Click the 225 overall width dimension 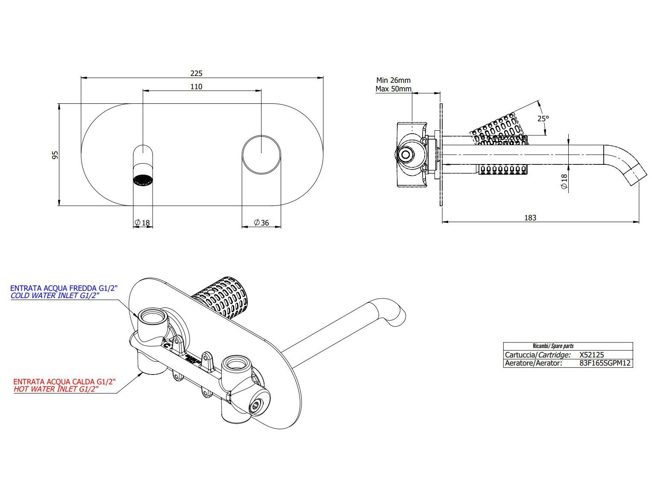[196, 73]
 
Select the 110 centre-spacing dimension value [196, 87]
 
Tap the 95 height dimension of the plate [55, 155]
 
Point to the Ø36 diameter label [261, 223]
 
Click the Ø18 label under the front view [142, 223]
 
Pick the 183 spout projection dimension [530, 218]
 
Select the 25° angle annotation [543, 118]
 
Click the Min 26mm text [393, 80]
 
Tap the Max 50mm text [393, 89]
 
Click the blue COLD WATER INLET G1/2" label [55, 296]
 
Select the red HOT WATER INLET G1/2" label [56, 389]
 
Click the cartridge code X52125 [591, 354]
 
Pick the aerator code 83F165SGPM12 [605, 363]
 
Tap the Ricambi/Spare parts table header [553, 346]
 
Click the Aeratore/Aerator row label [533, 363]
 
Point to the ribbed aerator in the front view [143, 180]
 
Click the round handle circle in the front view [261, 154]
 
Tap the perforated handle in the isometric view [222, 296]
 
